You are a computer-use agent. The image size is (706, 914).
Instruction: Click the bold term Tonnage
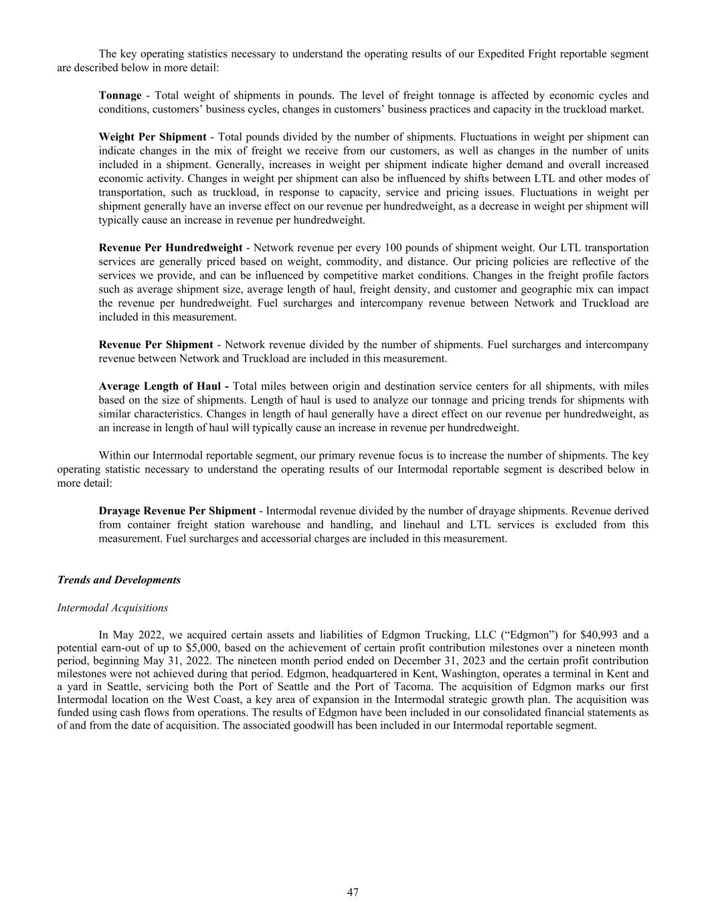(120, 95)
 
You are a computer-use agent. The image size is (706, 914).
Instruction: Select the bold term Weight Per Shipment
(152, 137)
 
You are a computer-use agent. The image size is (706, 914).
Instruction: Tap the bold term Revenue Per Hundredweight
(170, 248)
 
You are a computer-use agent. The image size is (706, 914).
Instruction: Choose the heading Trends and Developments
(119, 580)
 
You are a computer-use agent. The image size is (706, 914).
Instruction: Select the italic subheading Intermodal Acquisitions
(112, 608)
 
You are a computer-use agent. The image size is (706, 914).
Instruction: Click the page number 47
(353, 892)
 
